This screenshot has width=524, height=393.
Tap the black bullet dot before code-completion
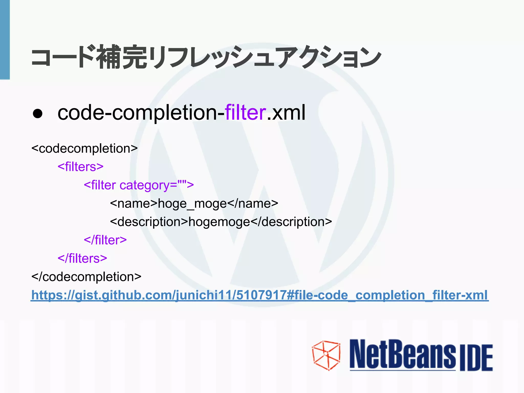pos(38,113)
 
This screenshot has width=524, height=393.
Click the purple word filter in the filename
pos(245,113)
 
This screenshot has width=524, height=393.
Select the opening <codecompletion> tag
pos(84,149)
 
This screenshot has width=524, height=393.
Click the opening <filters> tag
pos(81,167)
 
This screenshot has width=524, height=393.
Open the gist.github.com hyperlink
pos(259,295)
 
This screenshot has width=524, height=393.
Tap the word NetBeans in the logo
pos(402,355)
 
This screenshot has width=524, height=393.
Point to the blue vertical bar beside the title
pos(5,40)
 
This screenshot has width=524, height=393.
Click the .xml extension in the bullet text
pos(286,113)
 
